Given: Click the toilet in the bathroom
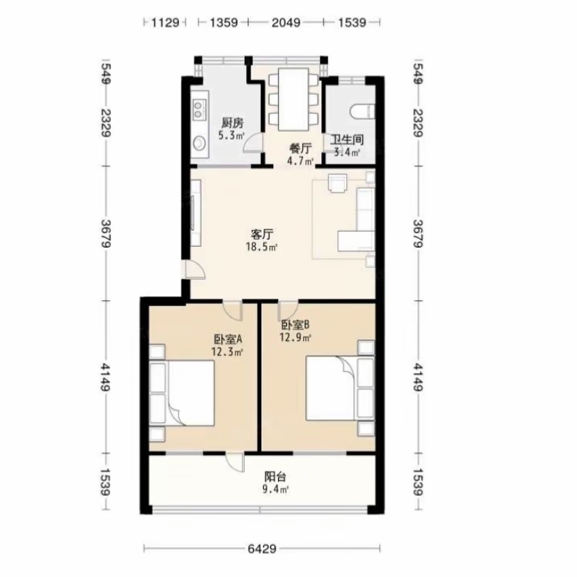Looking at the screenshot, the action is coord(362,112).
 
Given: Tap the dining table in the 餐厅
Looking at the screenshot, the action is coord(294,99).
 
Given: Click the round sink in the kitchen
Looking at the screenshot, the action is coord(200,143).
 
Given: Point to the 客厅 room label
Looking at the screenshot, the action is coord(262,234).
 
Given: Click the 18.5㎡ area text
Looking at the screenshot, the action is coord(261,247).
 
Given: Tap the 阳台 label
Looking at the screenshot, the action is coord(275,477).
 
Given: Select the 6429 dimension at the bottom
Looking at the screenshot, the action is coord(262,549).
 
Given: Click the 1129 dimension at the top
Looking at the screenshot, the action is coord(165,23).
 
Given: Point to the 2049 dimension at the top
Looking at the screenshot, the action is coord(286,23).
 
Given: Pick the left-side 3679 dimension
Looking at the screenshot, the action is coord(107,233).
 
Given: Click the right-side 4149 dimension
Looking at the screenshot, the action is coord(418,377).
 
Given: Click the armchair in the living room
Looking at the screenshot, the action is coord(337,183).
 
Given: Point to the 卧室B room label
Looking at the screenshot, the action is coord(296,325).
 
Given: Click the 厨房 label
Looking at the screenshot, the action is coord(232,123).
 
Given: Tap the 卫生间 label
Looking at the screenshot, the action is coord(347,140).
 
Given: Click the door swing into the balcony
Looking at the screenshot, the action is coord(235,462).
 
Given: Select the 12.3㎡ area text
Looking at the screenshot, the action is coord(227,352).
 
